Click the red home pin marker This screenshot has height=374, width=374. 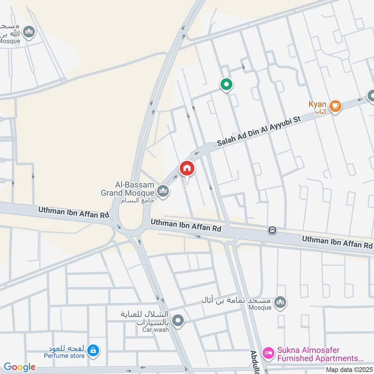[187, 169]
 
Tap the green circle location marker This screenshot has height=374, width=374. [227, 85]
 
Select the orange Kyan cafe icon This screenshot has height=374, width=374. [335, 106]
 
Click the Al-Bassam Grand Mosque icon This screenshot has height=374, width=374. [163, 190]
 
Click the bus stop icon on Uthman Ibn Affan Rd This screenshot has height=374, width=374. [272, 230]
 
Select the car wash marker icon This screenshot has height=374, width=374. [178, 321]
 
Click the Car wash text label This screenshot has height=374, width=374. [155, 330]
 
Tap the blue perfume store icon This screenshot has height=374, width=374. [93, 350]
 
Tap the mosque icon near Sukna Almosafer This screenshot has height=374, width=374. [280, 303]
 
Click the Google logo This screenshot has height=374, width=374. [20, 367]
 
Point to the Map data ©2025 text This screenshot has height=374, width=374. [348, 369]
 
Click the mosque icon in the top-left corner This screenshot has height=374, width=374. [29, 32]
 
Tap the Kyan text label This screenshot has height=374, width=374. [317, 104]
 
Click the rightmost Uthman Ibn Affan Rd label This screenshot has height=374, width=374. [338, 242]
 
